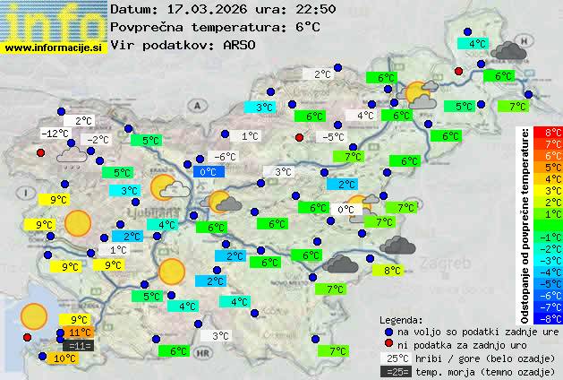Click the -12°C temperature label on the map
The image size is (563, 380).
click(x=55, y=134)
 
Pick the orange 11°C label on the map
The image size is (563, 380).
click(x=80, y=332)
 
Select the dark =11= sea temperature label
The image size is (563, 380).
click(x=80, y=345)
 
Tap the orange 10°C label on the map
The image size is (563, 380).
click(x=64, y=358)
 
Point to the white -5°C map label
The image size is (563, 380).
click(x=334, y=137)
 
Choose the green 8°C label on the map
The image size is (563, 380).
click(x=392, y=271)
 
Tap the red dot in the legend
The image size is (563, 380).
click(x=388, y=344)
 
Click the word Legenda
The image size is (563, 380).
click(x=401, y=319)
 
